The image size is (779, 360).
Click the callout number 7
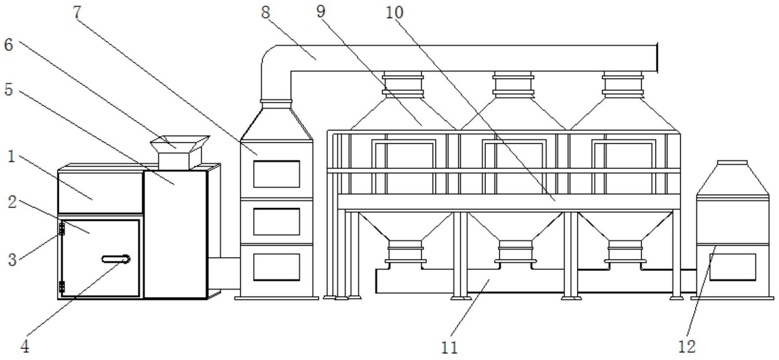click(x=77, y=12)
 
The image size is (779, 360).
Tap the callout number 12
click(x=687, y=346)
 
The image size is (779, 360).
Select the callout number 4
click(x=25, y=346)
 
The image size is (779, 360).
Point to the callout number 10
click(x=395, y=12)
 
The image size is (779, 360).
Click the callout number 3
click(x=12, y=259)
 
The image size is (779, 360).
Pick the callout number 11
click(x=450, y=347)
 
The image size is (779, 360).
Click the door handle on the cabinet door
click(x=116, y=259)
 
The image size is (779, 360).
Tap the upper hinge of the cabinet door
click(x=62, y=229)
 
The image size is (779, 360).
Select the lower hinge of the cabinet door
click(x=62, y=287)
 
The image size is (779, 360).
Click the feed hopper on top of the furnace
click(x=180, y=152)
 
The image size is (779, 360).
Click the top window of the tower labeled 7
click(x=277, y=174)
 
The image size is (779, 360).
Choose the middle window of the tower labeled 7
click(x=277, y=222)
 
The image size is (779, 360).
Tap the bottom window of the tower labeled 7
click(x=277, y=267)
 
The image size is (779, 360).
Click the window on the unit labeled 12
click(x=733, y=267)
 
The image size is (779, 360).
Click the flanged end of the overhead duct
click(x=657, y=58)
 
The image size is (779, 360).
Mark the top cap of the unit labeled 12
click(x=733, y=163)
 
